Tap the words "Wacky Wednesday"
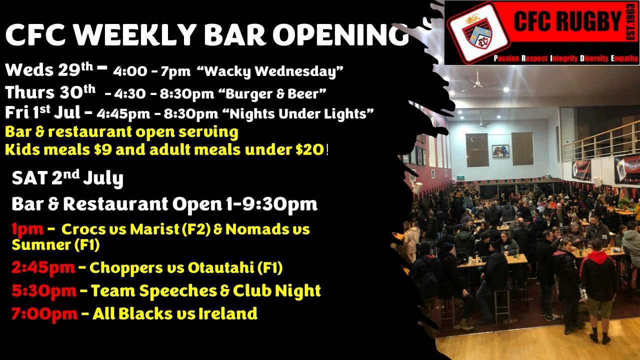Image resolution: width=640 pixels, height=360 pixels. pos(270,71)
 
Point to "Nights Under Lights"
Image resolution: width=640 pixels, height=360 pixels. pos(297,113)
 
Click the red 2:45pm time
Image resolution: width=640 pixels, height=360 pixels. pos(43,268)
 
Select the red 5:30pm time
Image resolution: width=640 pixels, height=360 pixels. pos(44,291)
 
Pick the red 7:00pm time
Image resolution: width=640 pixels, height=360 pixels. pos(44,313)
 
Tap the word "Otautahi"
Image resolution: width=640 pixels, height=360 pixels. pos(220,267)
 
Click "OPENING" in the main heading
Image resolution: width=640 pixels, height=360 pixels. pos(340,35)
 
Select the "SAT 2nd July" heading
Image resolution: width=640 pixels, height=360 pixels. pos(67,177)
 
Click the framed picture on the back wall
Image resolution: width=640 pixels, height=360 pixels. pos(500,151)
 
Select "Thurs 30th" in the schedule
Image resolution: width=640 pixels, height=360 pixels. pos(50,92)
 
